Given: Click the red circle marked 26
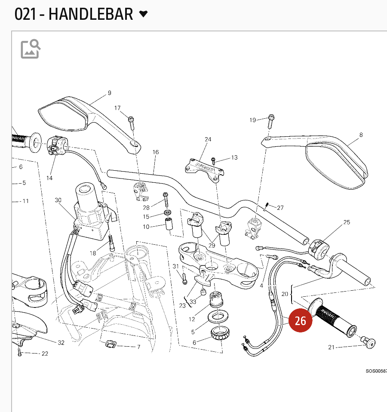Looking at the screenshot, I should point(300,321).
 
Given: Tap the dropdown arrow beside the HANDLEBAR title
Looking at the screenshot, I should point(144,14).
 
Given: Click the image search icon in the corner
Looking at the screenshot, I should point(31,49).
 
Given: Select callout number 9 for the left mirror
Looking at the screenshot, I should point(109,93).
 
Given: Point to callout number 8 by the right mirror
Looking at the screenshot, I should point(361,135).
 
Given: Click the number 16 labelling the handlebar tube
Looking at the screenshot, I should point(156,152).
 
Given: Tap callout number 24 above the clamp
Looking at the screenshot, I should point(208,139).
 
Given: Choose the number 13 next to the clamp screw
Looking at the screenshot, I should point(234,158).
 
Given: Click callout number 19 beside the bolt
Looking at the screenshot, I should point(253,120).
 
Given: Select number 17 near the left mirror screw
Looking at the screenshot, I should point(117,108).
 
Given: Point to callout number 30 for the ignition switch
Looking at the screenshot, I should point(58,200).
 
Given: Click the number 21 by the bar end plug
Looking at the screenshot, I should point(331,347).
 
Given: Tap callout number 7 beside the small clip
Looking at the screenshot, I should point(138,347).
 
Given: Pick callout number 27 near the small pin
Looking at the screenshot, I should point(280,208).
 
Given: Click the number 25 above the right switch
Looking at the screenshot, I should point(347,222).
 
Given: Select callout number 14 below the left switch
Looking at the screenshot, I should point(49,178).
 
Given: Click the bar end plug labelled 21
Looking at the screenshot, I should point(369,342).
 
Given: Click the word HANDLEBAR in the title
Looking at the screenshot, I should point(91,14).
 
